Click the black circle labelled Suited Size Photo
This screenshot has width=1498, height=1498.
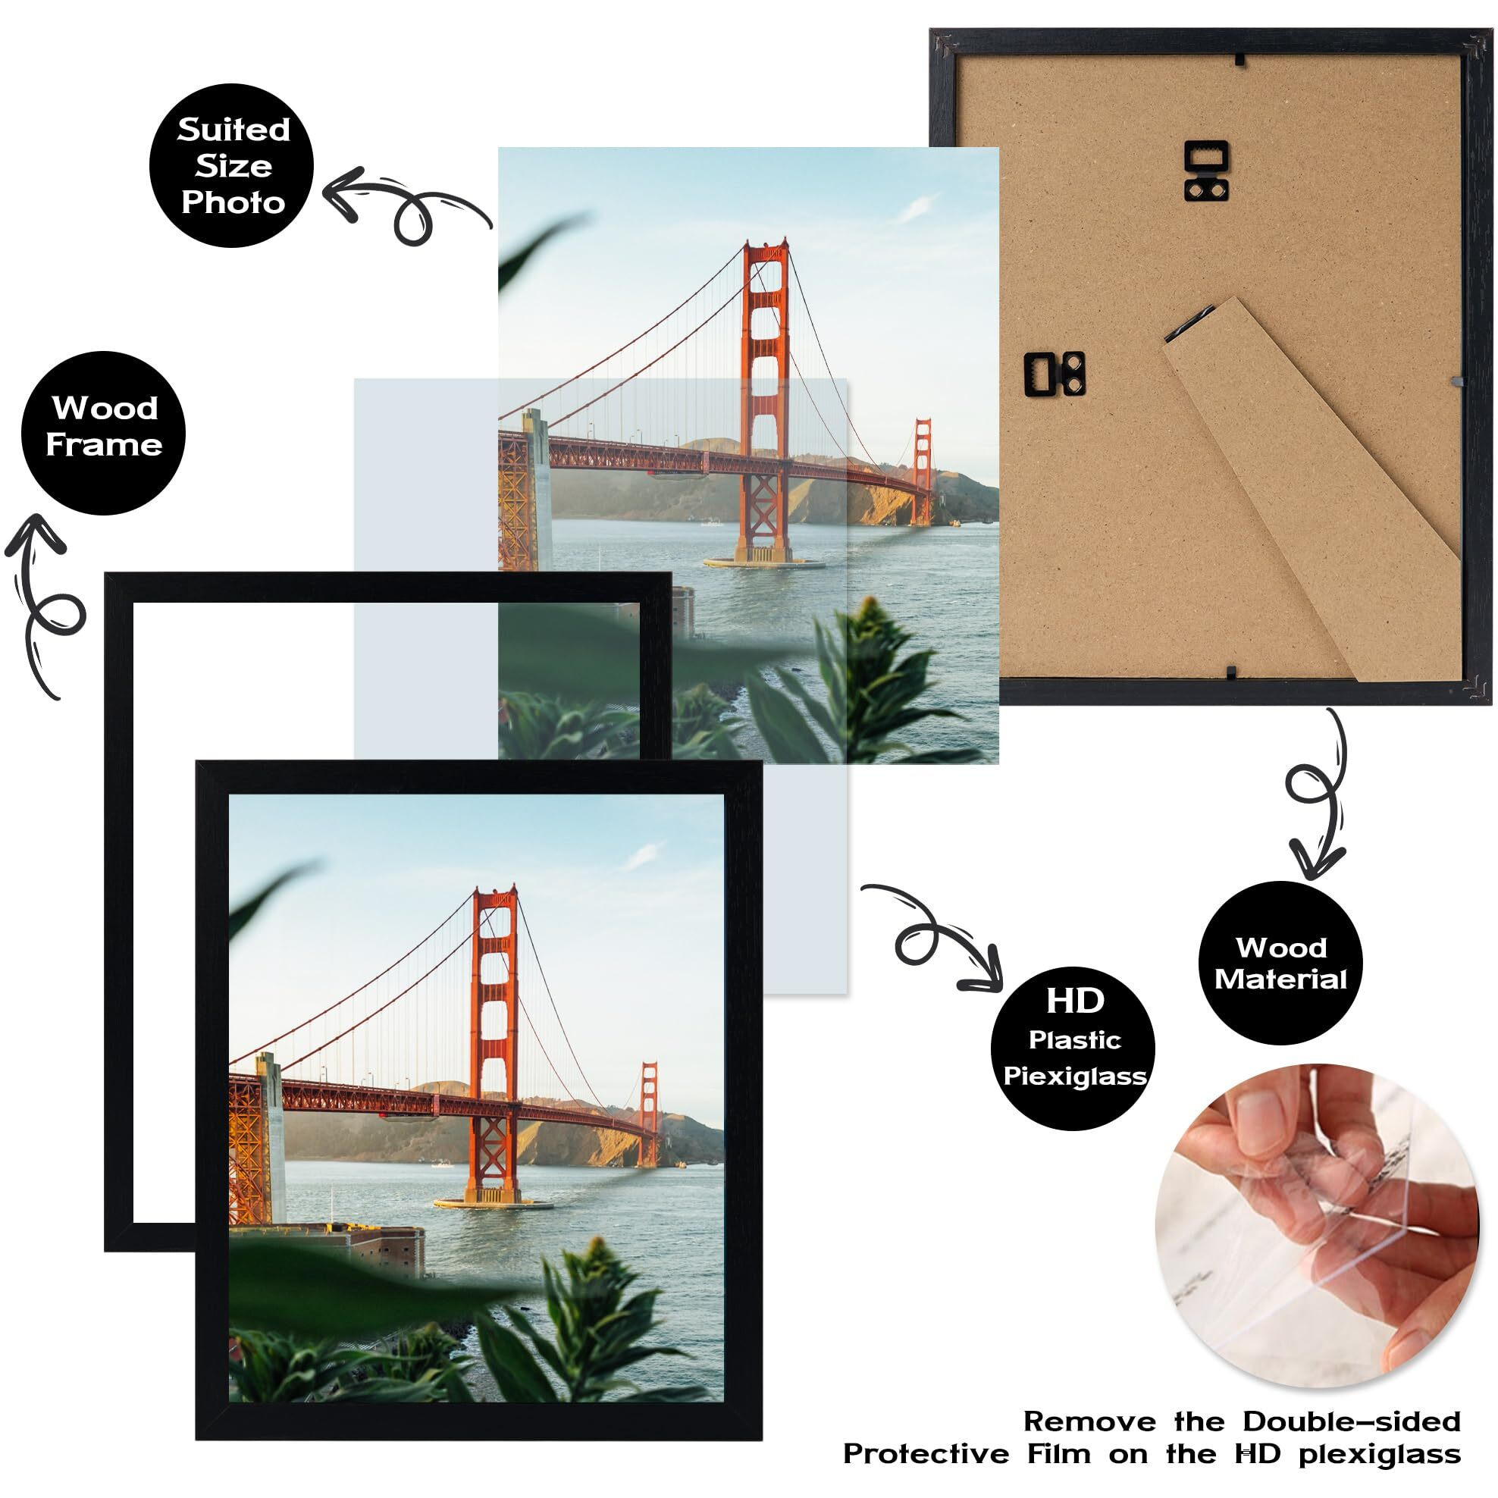tap(231, 165)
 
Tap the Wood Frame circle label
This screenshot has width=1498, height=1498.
tap(103, 433)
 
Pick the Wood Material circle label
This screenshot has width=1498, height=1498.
tap(1281, 962)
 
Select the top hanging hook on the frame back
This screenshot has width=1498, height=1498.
tap(1206, 171)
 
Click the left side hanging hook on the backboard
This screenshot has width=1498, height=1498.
tap(1055, 374)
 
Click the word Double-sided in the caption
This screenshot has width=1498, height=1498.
tap(1352, 1421)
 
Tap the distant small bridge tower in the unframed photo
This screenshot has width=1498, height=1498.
tap(922, 472)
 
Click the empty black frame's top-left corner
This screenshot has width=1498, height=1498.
tap(105, 573)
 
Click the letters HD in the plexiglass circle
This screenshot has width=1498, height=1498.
tap(1074, 1001)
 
